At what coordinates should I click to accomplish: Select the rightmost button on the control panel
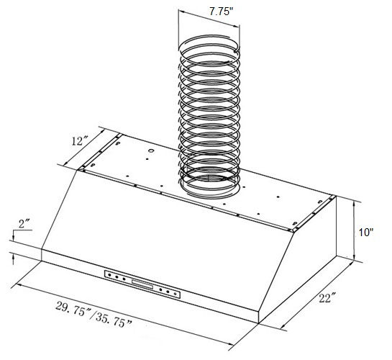178,294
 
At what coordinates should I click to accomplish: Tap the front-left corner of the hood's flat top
79,171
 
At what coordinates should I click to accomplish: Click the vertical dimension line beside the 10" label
355,231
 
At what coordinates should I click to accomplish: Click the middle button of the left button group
118,276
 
